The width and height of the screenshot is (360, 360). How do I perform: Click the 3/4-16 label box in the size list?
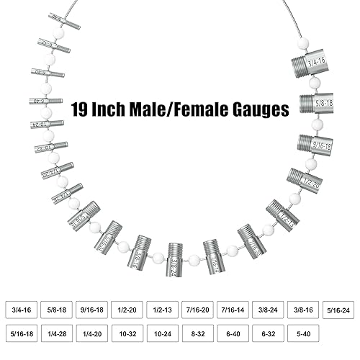point(22,310)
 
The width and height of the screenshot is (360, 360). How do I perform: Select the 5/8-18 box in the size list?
point(57,310)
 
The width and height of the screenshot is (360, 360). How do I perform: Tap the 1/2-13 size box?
point(163,310)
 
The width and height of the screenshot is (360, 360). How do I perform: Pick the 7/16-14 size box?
point(233,310)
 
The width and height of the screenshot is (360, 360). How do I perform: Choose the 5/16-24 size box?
point(338,310)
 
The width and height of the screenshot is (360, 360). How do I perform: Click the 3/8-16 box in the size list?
point(304,310)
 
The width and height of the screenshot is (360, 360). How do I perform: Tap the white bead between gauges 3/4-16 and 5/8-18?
point(315,84)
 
